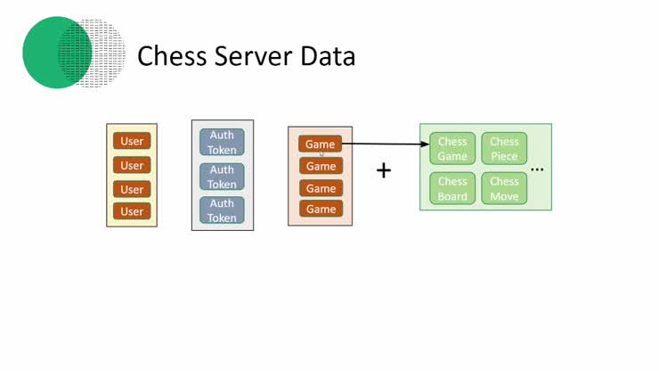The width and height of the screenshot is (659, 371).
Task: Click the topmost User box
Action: (132, 141)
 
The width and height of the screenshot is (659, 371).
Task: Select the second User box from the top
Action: (132, 165)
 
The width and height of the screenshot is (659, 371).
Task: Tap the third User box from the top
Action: (132, 189)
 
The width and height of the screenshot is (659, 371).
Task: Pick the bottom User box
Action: (132, 211)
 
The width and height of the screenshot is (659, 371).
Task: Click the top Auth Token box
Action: (222, 143)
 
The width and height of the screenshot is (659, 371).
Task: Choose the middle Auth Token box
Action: (222, 177)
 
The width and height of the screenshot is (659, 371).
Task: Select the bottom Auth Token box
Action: (222, 210)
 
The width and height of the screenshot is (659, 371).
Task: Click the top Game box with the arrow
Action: (320, 144)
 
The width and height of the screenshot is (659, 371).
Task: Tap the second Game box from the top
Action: (320, 166)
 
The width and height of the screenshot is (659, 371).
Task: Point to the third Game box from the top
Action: (320, 188)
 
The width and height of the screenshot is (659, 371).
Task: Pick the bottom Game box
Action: (320, 209)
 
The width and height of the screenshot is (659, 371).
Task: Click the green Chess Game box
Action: (452, 149)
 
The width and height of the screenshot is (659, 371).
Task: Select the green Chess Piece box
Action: (504, 149)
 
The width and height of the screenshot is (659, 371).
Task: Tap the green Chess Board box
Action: (452, 189)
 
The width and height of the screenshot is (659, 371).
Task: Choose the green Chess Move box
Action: (504, 189)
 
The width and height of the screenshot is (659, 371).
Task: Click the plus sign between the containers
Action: (384, 170)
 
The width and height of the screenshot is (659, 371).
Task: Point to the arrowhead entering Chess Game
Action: (424, 144)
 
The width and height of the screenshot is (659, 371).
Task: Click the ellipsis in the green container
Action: (537, 168)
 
